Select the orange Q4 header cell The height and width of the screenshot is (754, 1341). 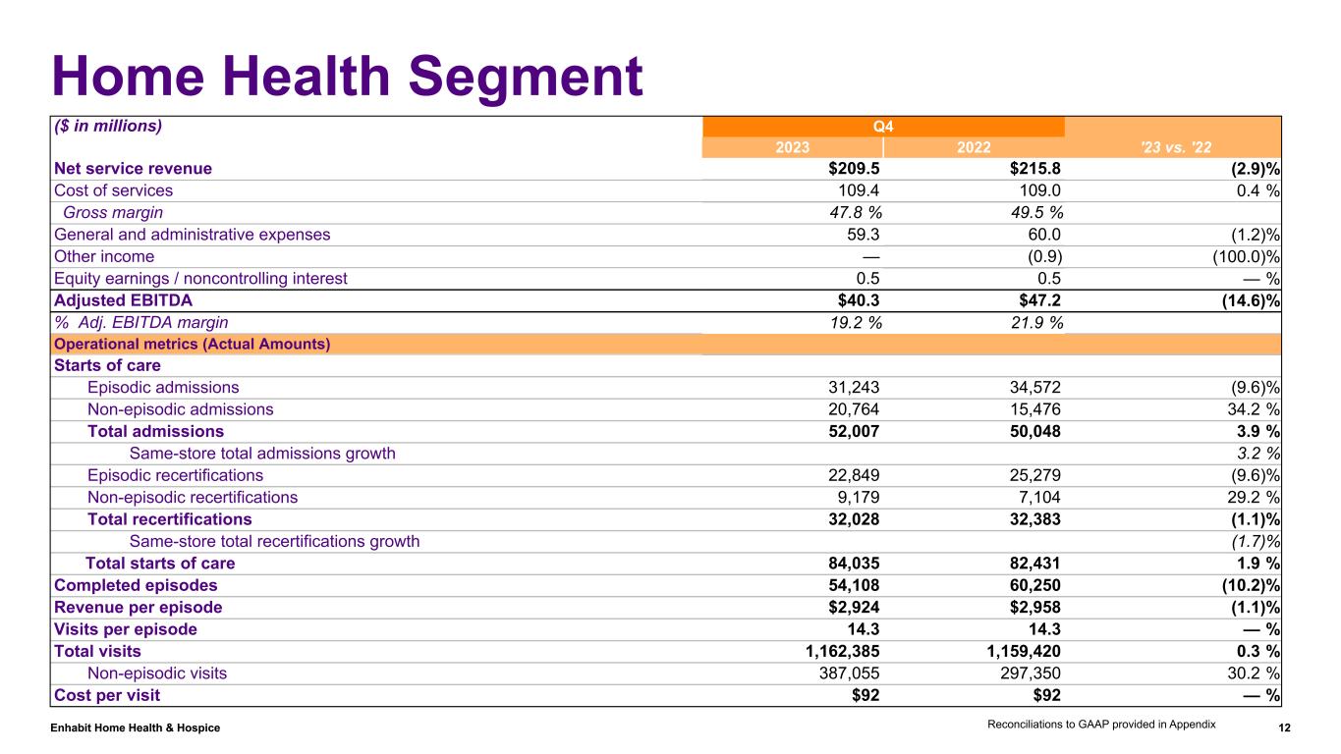[883, 127]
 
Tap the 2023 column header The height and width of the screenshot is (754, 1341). [793, 147]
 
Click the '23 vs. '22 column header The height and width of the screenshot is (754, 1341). [1173, 147]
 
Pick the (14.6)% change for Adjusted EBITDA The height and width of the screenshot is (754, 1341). [1249, 299]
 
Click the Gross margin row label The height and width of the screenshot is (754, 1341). [113, 212]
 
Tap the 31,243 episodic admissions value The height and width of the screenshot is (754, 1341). [853, 388]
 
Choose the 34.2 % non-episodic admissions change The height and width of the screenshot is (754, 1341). [1251, 409]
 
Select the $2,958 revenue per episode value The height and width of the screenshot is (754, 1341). [1033, 607]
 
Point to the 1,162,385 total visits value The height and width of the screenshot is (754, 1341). [838, 651]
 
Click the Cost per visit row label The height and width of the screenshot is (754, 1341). [107, 695]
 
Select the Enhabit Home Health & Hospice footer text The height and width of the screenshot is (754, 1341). [136, 727]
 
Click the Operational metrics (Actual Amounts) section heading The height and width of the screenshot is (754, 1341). [192, 344]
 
